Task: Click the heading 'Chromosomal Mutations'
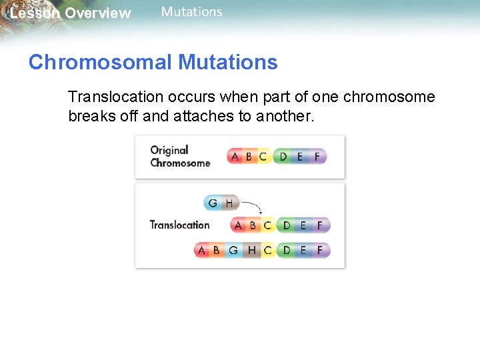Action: point(153,63)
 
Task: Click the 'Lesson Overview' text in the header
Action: point(70,13)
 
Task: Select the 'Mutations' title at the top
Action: point(191,12)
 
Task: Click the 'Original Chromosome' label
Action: point(179,157)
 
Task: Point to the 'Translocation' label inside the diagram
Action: point(179,225)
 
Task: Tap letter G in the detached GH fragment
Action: point(213,203)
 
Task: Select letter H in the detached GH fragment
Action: point(229,203)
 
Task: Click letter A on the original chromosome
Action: point(235,157)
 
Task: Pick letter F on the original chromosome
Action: point(317,157)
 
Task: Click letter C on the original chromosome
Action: point(263,157)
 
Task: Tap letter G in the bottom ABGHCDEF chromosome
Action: point(233,251)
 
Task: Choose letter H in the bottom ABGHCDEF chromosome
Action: point(251,251)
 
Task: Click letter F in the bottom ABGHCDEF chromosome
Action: point(320,251)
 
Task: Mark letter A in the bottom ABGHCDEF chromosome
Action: point(202,251)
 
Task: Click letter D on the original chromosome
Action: point(283,157)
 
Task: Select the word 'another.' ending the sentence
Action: point(283,116)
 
